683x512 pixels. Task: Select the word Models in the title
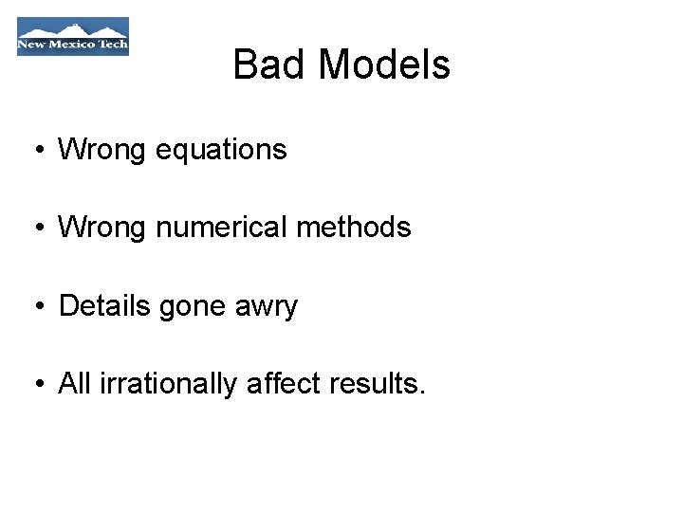(384, 65)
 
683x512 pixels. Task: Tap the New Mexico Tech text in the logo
(72, 45)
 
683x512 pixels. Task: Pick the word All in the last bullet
(74, 384)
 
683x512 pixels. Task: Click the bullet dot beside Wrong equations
(36, 151)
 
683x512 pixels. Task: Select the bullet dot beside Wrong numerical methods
(36, 229)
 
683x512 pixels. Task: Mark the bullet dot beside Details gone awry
(36, 307)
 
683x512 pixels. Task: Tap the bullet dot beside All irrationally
(36, 385)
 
